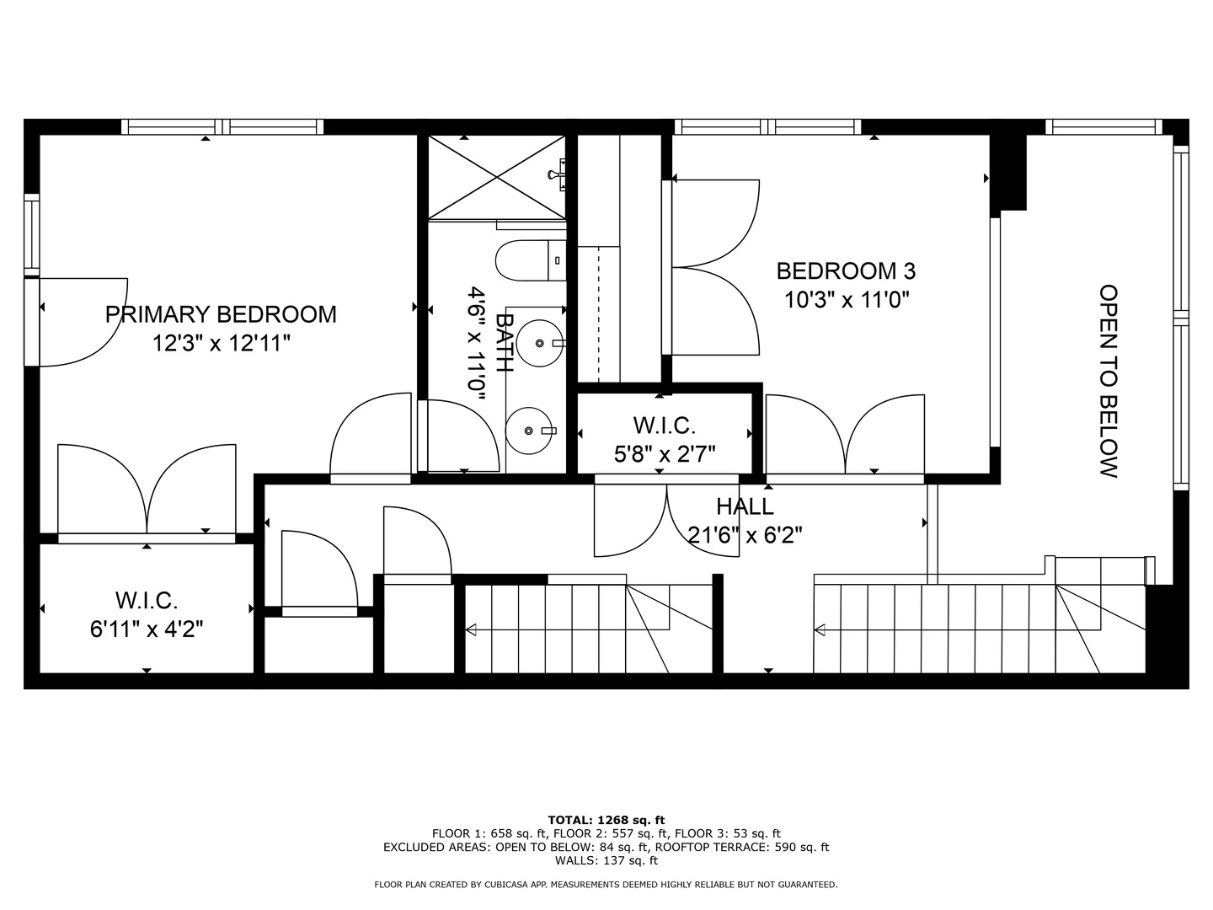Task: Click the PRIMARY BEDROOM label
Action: (221, 314)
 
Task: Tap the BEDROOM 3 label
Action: (845, 271)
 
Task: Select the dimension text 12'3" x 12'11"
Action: (221, 343)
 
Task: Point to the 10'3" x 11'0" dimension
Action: (847, 299)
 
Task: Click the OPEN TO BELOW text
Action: (1109, 381)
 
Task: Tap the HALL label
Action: (745, 506)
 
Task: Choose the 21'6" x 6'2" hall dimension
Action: (745, 535)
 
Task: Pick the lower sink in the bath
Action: (529, 431)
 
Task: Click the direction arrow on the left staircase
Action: (472, 629)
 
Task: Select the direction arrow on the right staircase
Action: (820, 629)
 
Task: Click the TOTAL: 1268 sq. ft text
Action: (606, 819)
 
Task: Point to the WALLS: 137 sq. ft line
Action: (606, 860)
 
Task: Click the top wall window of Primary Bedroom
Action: (222, 127)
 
